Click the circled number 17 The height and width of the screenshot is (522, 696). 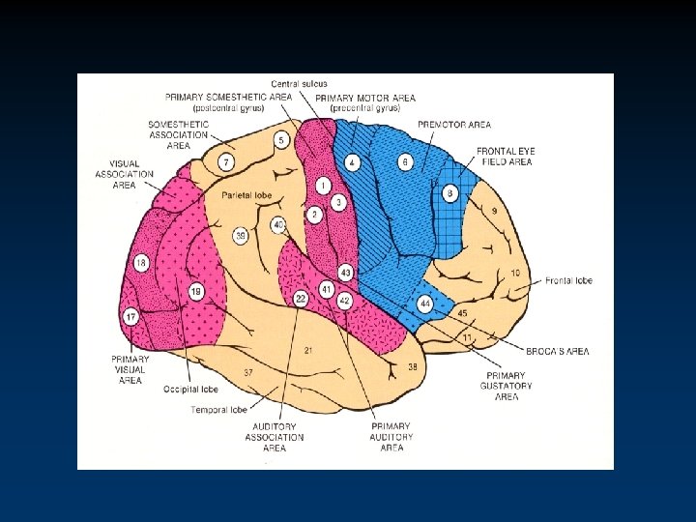(x=130, y=316)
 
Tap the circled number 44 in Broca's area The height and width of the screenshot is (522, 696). (x=424, y=303)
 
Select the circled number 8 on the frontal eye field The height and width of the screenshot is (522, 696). (x=450, y=193)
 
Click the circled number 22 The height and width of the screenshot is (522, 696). (x=301, y=300)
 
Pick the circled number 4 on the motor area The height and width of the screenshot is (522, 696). (x=353, y=161)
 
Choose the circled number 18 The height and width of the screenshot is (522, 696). (x=141, y=263)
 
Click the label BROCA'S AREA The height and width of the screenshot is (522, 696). (x=560, y=351)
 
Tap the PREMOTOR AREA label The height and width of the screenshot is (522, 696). (x=454, y=125)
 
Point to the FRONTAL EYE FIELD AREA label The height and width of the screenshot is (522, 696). (x=505, y=157)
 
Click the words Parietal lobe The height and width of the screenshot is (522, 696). (x=245, y=195)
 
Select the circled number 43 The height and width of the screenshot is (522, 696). (x=344, y=273)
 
